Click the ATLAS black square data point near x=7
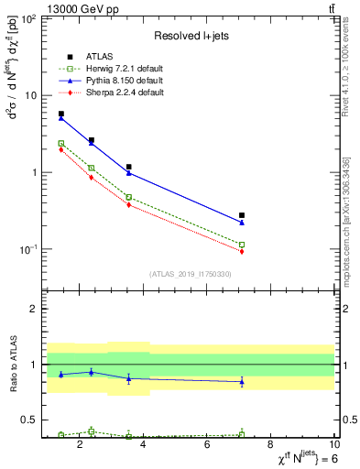point(242,215)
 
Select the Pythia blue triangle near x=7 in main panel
point(242,223)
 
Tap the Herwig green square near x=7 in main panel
point(242,245)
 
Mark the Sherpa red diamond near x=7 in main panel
point(242,251)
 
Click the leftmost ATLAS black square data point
point(61,114)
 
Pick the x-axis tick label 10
point(334,446)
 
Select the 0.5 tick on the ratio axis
point(32,420)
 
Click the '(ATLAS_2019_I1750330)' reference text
point(191,274)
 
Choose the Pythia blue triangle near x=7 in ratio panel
point(242,382)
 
